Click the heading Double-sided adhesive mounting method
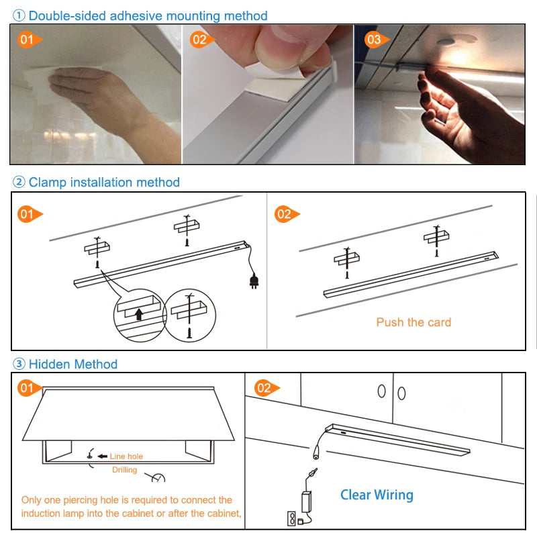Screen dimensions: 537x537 pos(148,15)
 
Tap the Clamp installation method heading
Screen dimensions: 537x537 pos(104,182)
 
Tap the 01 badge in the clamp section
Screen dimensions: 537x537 pos(28,215)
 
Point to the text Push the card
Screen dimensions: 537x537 pos(413,322)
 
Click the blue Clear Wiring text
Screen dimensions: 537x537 pos(377,495)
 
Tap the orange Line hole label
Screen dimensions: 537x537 pos(126,456)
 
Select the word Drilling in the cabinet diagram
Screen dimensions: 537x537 pos(124,470)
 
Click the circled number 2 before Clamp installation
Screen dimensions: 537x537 pos(19,182)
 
